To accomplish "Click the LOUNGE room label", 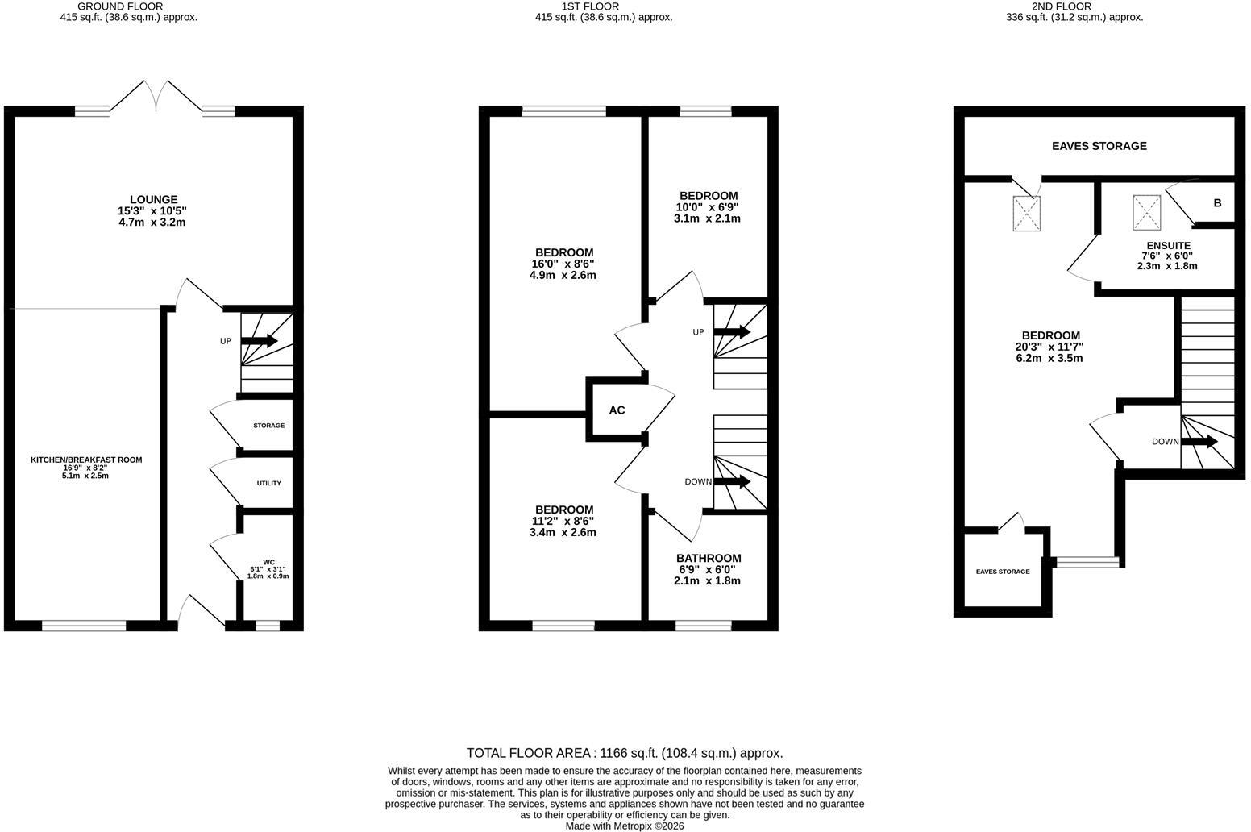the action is (154, 199).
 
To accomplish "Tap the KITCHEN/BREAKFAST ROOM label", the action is (86, 460).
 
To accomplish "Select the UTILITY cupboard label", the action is (268, 483).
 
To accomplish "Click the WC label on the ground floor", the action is (268, 562).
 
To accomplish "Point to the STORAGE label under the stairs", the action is (268, 425).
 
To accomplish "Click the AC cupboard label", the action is (617, 410).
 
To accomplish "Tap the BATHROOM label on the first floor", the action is (709, 558).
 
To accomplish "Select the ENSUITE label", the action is (1168, 245).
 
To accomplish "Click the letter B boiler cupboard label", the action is (1217, 203).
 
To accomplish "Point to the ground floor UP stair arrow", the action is (259, 341).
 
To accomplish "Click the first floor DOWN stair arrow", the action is (732, 481).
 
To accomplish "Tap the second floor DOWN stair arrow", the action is (1199, 442).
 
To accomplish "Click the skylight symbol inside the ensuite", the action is (1146, 212).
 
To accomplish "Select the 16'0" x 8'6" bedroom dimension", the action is (563, 264).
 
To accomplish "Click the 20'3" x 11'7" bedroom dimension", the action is (1049, 347).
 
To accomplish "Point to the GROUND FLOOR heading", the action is (120, 6).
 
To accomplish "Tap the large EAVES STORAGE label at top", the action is (1099, 146).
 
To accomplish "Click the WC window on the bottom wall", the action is (268, 626).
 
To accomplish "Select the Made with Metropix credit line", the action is (625, 826).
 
